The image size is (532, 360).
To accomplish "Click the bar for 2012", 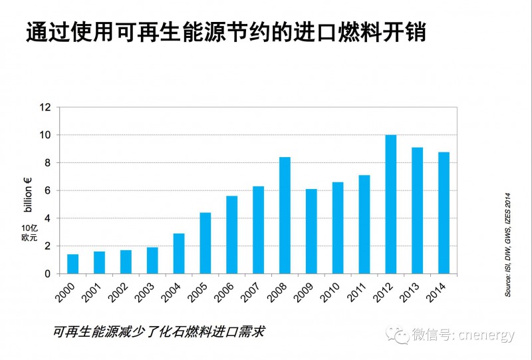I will [x=391, y=204].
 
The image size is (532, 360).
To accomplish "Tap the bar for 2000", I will [x=72, y=264].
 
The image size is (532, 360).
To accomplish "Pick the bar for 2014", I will [x=444, y=213].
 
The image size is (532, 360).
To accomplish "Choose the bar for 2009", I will [x=311, y=231].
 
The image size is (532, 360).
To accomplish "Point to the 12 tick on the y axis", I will [x=45, y=107].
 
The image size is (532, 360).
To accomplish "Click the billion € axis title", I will [x=28, y=192].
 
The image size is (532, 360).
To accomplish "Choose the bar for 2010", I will [x=338, y=228].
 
